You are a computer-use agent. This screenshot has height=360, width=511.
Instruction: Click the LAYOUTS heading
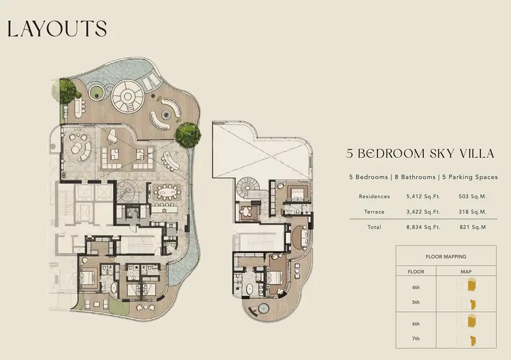pyautogui.click(x=57, y=29)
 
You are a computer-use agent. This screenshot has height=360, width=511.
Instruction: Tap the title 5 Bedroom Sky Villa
pyautogui.click(x=420, y=153)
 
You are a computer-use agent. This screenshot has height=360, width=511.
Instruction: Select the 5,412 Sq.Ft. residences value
pyautogui.click(x=423, y=197)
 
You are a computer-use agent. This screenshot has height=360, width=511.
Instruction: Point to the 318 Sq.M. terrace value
pyautogui.click(x=473, y=212)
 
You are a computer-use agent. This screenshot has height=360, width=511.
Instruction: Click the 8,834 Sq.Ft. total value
pyautogui.click(x=423, y=227)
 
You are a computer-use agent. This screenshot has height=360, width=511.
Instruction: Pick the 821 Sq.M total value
pyautogui.click(x=473, y=227)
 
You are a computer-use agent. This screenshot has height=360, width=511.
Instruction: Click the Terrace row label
pyautogui.click(x=374, y=212)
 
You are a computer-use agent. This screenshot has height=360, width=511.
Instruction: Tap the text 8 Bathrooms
pyautogui.click(x=415, y=177)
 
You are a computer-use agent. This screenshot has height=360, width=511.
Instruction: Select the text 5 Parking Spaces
pyautogui.click(x=470, y=177)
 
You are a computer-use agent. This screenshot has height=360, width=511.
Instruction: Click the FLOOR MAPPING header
pyautogui.click(x=446, y=257)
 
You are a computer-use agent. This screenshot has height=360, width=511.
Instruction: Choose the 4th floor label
pyautogui.click(x=416, y=287)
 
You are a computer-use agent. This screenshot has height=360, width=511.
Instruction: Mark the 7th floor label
pyautogui.click(x=416, y=338)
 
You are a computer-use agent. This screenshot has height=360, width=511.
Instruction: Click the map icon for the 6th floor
pyautogui.click(x=471, y=321)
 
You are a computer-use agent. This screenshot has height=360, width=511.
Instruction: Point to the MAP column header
pyautogui.click(x=466, y=272)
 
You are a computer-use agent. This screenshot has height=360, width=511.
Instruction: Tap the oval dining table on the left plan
pyautogui.click(x=167, y=193)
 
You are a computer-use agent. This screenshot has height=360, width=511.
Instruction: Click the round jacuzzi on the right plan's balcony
pyautogui.click(x=263, y=308)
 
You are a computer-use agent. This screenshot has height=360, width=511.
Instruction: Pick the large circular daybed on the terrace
pyautogui.click(x=127, y=97)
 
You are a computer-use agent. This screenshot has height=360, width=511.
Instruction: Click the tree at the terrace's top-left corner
pyautogui.click(x=67, y=91)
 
